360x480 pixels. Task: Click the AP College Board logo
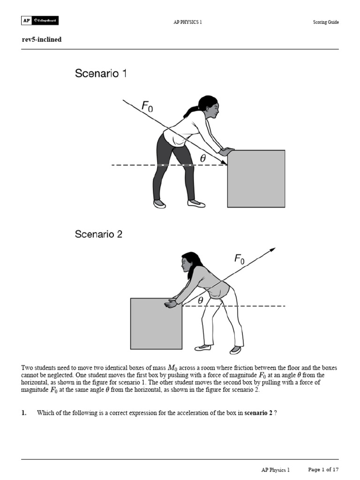(x=40, y=21)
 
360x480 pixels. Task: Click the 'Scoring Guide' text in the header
(x=326, y=22)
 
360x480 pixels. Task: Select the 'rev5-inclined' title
(x=42, y=39)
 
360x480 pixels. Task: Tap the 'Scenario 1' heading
(x=100, y=74)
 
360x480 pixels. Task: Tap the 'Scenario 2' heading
(x=98, y=234)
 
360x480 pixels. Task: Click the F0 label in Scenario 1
(x=147, y=108)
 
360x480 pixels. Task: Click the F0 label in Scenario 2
(x=239, y=258)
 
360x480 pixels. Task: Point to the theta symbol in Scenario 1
(x=202, y=158)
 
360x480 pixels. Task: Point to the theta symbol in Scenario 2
(x=201, y=300)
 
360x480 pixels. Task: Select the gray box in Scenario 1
(x=256, y=179)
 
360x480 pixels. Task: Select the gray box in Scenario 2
(x=156, y=323)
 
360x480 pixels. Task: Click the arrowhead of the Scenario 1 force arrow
(x=224, y=162)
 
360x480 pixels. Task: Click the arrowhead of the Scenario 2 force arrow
(x=272, y=250)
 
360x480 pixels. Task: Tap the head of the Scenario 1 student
(x=210, y=106)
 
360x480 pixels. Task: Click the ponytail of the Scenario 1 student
(x=191, y=112)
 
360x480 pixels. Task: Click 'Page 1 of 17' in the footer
(x=323, y=469)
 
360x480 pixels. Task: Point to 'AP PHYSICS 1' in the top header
(x=187, y=22)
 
